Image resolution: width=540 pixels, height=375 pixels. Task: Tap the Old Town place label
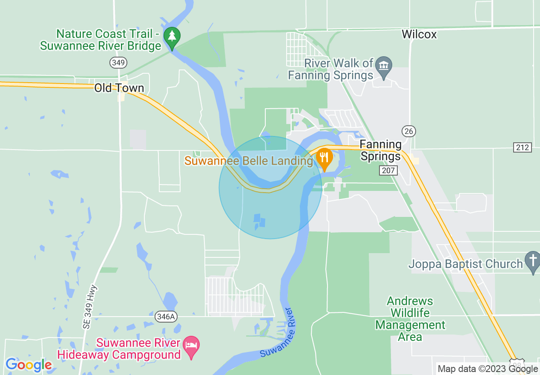119,88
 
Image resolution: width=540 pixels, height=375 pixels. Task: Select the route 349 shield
118,63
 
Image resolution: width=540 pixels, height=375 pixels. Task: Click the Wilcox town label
419,35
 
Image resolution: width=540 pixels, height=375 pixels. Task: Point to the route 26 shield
409,131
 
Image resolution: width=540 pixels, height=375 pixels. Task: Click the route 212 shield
523,147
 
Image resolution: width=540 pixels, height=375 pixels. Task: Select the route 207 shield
388,170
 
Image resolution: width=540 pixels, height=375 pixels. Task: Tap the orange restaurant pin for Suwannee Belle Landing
325,158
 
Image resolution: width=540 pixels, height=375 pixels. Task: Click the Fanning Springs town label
381,150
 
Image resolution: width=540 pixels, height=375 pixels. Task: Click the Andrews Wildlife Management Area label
410,319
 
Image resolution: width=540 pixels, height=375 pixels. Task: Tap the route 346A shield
166,317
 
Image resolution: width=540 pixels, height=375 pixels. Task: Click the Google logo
29,365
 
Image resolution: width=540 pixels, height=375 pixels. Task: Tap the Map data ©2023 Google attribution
488,369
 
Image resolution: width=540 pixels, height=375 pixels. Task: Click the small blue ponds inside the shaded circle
259,220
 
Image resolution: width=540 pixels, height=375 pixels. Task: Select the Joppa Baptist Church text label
465,264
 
